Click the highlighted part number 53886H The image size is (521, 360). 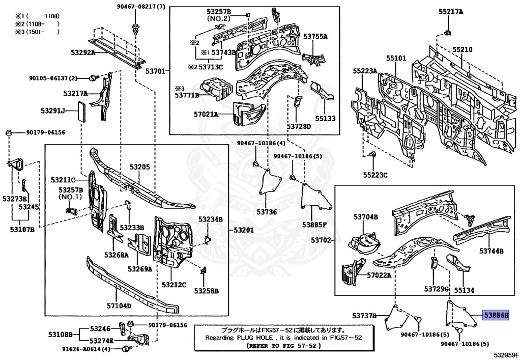point(496,316)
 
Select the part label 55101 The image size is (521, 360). point(395,59)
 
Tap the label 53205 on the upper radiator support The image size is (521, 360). point(139,167)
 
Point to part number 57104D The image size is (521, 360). point(119,306)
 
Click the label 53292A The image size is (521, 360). point(83,52)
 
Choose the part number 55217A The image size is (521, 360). point(451,11)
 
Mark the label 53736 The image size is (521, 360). point(267,211)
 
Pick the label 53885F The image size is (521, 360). point(314,224)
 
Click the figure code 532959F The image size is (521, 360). point(506,354)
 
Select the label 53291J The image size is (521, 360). point(53,110)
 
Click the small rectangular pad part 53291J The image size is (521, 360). point(81,110)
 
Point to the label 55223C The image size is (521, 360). point(375,175)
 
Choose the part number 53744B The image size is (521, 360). point(491,251)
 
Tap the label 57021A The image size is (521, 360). point(206,114)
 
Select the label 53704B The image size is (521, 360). point(366,217)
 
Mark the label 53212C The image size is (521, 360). point(174,284)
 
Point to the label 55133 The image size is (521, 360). point(325,118)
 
